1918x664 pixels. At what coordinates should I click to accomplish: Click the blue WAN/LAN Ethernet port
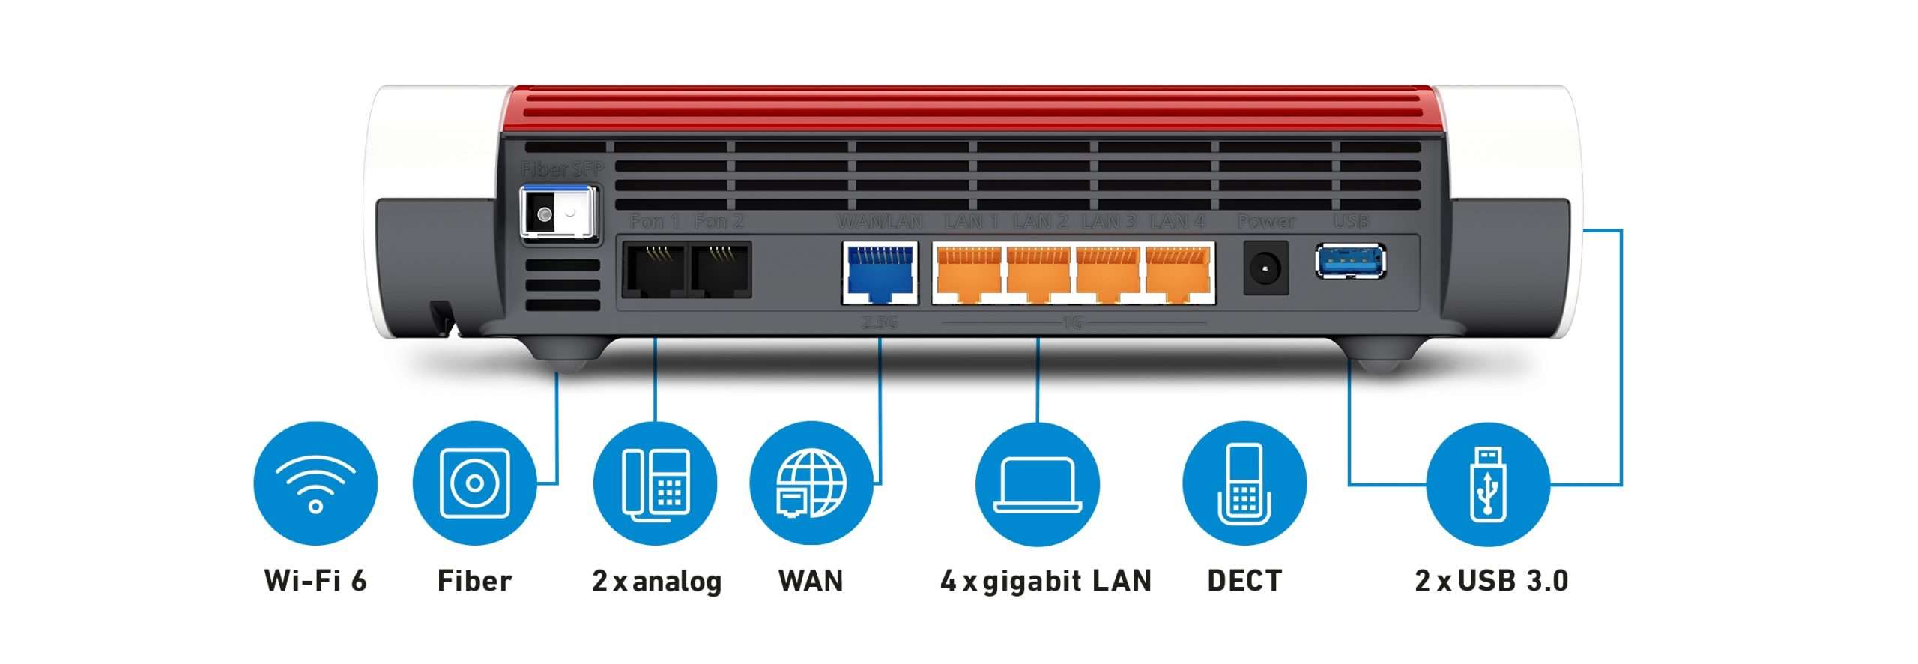coord(880,272)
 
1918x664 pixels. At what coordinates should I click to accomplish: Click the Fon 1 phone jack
coord(654,270)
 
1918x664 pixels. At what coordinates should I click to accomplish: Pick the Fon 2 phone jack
coord(720,270)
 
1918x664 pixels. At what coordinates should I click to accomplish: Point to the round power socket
coord(1265,268)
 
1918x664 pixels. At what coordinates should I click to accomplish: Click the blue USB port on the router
coord(1350,261)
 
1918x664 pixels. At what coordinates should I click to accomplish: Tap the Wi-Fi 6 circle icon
coord(315,483)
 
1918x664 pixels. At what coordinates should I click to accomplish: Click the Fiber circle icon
coord(474,483)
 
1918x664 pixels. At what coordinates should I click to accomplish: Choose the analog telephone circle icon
coord(655,483)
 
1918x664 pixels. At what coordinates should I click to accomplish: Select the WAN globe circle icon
coord(811,483)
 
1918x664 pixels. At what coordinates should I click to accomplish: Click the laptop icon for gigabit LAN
coord(1038,483)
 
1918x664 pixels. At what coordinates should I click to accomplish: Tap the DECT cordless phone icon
coord(1244,483)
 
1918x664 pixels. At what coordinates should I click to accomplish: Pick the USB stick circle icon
coord(1488,483)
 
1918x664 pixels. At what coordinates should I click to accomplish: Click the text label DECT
coord(1244,581)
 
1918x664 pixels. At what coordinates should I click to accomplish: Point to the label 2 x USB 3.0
coord(1491,581)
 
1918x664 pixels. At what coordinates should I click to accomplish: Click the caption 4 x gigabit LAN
coord(1046,581)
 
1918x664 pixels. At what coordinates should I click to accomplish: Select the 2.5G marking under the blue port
coord(880,323)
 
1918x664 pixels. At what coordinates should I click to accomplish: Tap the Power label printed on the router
coord(1266,222)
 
